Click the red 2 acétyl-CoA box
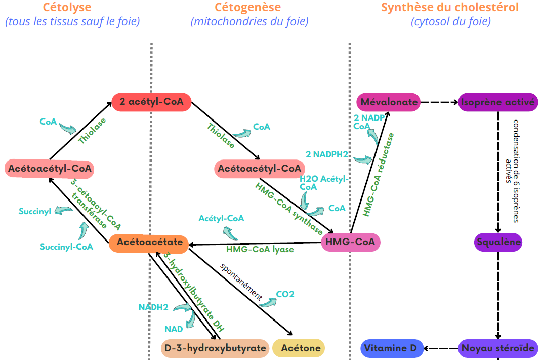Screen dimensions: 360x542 pyautogui.click(x=151, y=102)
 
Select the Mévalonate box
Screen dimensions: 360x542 pyautogui.click(x=389, y=102)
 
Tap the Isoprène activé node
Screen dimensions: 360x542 pyautogui.click(x=498, y=102)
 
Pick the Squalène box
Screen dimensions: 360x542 pyautogui.click(x=498, y=242)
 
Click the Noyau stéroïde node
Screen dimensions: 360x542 pyautogui.click(x=498, y=348)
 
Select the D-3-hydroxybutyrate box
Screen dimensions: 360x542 pyautogui.click(x=215, y=348)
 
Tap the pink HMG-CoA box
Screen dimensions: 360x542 pyautogui.click(x=351, y=243)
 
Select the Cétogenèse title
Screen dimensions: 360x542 pyautogui.click(x=247, y=8)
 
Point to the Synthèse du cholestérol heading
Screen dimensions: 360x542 pyautogui.click(x=450, y=8)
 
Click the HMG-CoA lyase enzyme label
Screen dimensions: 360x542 pyautogui.click(x=260, y=249)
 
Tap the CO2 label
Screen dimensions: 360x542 pyautogui.click(x=285, y=294)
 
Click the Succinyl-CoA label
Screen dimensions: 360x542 pyautogui.click(x=66, y=247)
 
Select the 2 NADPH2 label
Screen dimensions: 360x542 pyautogui.click(x=327, y=154)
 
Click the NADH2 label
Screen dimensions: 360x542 pyautogui.click(x=153, y=307)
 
